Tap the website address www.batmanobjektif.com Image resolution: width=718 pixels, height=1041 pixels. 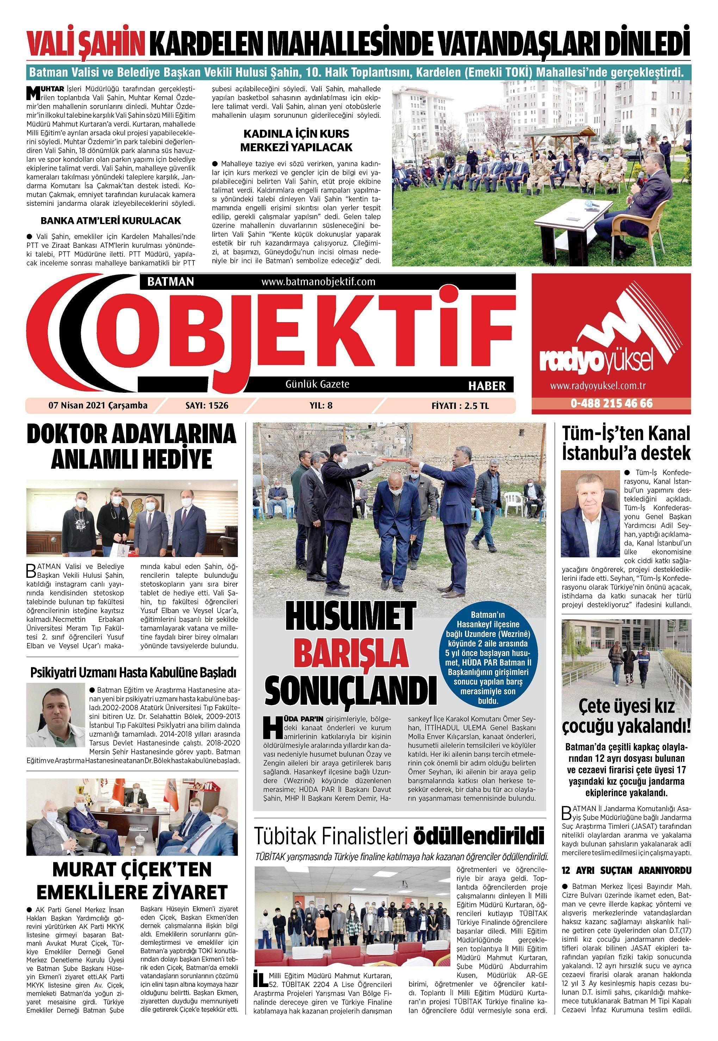coord(318,282)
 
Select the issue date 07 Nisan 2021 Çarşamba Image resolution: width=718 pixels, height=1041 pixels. coord(98,405)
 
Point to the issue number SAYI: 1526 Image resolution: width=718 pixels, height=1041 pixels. coord(206,405)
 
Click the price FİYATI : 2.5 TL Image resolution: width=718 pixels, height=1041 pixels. coord(460,405)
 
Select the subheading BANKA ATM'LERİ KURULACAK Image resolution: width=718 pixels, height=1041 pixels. coord(111,221)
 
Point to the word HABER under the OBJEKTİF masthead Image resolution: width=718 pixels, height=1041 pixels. coord(487,386)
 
